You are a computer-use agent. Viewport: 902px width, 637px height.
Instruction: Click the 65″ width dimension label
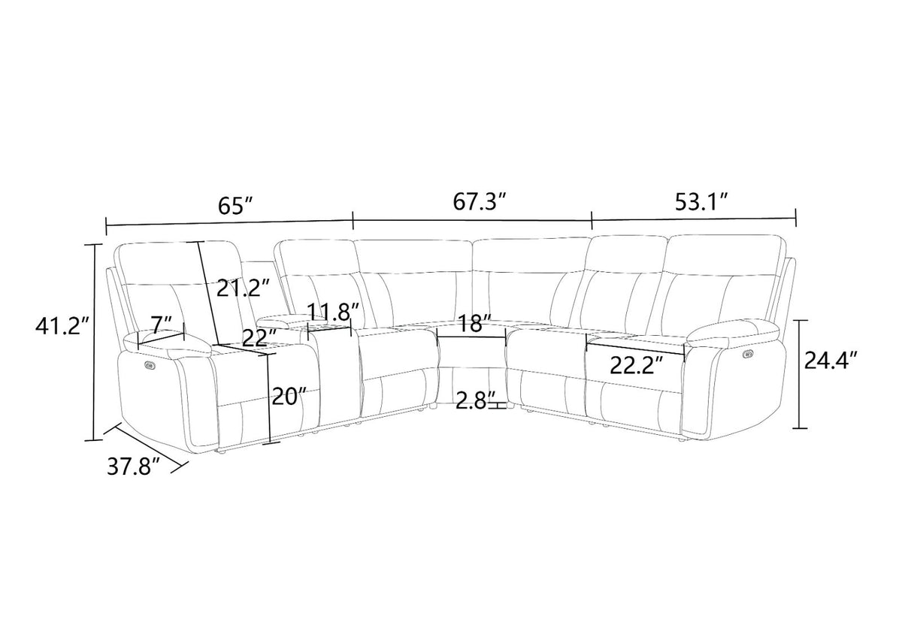tap(235, 206)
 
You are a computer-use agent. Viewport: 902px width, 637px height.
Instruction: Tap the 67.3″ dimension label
tap(479, 201)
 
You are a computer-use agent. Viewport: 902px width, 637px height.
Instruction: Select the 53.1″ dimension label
tap(701, 202)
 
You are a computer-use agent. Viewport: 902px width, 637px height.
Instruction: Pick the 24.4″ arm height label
tap(831, 360)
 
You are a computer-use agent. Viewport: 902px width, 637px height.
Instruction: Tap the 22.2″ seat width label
tap(636, 365)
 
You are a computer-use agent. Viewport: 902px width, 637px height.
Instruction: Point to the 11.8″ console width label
tap(333, 310)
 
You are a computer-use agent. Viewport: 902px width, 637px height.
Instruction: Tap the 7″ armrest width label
tap(162, 324)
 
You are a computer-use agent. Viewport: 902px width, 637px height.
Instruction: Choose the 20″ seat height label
tap(289, 397)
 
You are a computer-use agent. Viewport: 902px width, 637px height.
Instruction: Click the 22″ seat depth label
tap(259, 337)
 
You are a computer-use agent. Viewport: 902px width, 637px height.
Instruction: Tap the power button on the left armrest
tap(150, 364)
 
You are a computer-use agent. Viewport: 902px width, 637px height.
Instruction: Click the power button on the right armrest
tap(749, 354)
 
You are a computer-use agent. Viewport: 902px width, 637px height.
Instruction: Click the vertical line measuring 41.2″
tap(95, 342)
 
